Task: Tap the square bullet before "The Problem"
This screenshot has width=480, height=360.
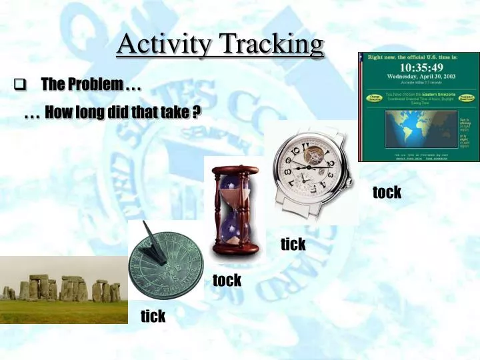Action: coord(19,85)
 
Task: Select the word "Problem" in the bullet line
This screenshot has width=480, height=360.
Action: coord(99,85)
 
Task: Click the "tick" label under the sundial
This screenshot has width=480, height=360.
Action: coord(153,316)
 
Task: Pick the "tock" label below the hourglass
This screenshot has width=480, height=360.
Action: coord(227,280)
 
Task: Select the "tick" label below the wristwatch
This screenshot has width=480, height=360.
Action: coord(293,244)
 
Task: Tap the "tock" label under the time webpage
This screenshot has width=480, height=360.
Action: coord(387,193)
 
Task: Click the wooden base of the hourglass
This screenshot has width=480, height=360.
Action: coord(231,255)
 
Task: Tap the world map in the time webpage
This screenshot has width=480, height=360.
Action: coord(418,130)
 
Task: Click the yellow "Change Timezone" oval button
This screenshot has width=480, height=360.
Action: coord(373,98)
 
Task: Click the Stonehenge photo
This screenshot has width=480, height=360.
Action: coord(63,290)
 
